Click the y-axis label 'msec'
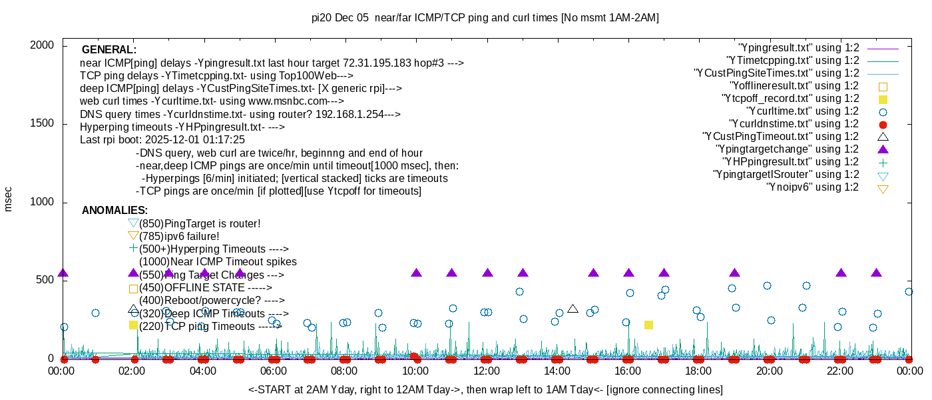8,199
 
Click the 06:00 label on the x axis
274,371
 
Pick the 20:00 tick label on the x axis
769,371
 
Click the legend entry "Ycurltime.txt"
802,111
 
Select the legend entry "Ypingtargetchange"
787,149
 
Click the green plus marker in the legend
883,162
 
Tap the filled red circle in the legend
883,125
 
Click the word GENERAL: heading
109,50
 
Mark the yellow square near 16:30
648,325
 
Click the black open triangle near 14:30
573,309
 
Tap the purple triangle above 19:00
734,273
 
